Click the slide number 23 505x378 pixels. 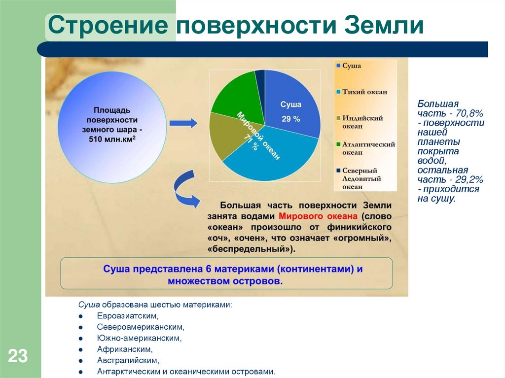[17, 356]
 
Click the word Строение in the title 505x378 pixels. [110, 26]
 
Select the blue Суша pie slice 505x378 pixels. [291, 106]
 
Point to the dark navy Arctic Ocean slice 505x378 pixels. [260, 76]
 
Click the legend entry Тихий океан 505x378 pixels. [365, 92]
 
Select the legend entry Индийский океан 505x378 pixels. [365, 122]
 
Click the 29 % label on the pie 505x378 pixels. [290, 119]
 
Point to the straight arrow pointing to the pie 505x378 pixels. [183, 123]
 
